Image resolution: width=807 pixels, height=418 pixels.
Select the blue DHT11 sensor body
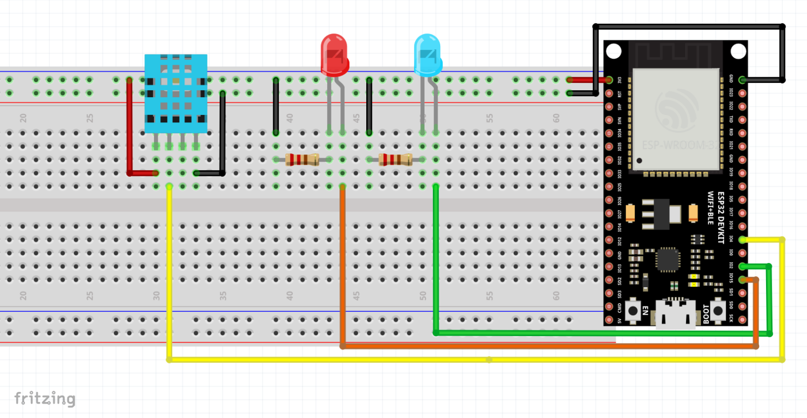click(176, 93)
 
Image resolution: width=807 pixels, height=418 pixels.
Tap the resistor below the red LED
click(303, 159)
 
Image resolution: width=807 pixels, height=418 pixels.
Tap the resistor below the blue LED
click(396, 159)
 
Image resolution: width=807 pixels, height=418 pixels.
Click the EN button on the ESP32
click(633, 310)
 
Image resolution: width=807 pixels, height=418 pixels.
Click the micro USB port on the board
click(675, 315)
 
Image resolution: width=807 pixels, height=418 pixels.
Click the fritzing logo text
click(45, 399)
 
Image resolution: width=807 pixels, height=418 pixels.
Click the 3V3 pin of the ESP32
click(609, 80)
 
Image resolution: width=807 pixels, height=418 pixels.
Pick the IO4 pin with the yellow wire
click(742, 239)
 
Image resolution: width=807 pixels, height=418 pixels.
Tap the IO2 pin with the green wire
click(742, 266)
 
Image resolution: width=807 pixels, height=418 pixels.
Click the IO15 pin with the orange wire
click(742, 279)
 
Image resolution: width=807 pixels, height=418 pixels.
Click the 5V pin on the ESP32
click(609, 320)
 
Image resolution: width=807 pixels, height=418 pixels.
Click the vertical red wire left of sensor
click(129, 126)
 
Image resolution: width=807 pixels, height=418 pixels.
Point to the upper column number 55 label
click(490, 118)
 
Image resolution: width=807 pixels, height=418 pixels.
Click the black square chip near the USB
click(667, 259)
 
